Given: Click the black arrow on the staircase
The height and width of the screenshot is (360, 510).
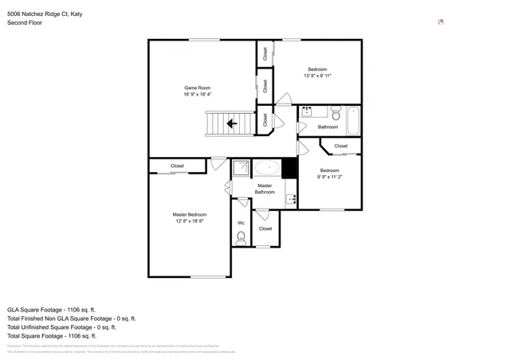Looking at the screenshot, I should click(x=232, y=123).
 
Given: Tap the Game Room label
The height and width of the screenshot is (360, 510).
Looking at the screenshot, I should click(x=196, y=88).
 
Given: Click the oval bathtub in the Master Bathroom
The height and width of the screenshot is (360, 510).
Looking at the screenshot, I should click(x=267, y=168).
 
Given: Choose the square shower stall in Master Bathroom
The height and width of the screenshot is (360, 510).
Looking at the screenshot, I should click(x=241, y=168).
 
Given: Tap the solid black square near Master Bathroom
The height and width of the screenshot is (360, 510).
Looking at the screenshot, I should click(x=289, y=168).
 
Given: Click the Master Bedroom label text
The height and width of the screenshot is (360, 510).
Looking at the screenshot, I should click(x=190, y=214).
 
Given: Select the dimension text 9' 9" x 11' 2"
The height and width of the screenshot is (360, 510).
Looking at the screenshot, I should click(x=330, y=178).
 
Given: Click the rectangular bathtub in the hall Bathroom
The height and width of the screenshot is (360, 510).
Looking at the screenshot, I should click(x=353, y=121).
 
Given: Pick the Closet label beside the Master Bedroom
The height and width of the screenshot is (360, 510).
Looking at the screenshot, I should click(x=177, y=166).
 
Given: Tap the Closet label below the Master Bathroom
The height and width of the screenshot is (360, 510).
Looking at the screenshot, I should click(x=265, y=229).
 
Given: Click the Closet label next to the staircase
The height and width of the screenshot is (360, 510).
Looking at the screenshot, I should click(x=265, y=120).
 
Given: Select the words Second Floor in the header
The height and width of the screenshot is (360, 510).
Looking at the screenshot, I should click(x=24, y=23).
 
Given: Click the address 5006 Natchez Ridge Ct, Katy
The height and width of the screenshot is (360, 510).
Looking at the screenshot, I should click(x=45, y=13).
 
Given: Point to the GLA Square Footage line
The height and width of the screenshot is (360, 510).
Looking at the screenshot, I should click(x=51, y=309).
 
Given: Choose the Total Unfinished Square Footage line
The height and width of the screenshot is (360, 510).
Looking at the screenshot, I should click(x=61, y=327).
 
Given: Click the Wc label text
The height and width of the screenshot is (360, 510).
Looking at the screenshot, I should click(x=241, y=222).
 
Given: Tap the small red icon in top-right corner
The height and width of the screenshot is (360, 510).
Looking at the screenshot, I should click(x=441, y=22).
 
